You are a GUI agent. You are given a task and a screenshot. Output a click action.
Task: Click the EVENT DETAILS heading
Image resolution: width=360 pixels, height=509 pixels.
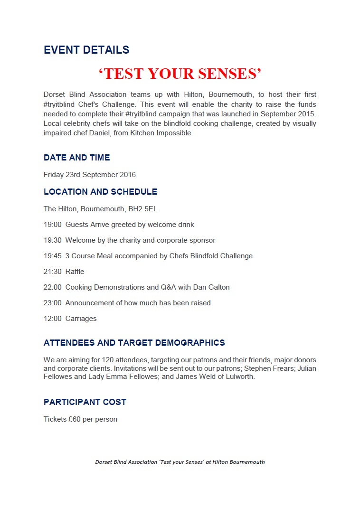[86, 50]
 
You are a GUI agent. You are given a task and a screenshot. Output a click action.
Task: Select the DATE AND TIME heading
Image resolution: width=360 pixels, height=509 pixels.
[77, 158]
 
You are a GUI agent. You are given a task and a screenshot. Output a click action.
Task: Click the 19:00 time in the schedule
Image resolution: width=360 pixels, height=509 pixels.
[53, 225]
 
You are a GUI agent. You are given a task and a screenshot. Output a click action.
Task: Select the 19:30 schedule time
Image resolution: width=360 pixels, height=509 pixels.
[53, 240]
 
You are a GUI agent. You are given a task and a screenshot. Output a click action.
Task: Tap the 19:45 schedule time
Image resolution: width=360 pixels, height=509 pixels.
[53, 256]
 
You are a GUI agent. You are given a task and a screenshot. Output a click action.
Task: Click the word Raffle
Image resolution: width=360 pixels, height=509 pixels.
[75, 272]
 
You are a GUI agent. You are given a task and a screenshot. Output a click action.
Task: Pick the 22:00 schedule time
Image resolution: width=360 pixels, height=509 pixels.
[53, 287]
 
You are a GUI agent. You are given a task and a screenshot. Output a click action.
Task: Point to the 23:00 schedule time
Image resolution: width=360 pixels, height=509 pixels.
[53, 303]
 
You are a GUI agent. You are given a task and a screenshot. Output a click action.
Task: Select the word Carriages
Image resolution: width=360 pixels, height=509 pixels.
[81, 319]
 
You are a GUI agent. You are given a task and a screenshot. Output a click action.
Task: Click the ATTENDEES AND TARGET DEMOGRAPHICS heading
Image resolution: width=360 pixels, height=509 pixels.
[134, 343]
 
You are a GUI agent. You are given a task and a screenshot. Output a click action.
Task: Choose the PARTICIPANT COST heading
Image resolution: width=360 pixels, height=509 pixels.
[85, 402]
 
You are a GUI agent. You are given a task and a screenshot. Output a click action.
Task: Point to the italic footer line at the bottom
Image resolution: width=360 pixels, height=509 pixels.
[180, 462]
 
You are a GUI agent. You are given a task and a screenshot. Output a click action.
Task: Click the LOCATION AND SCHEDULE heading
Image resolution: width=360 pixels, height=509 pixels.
[101, 192]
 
